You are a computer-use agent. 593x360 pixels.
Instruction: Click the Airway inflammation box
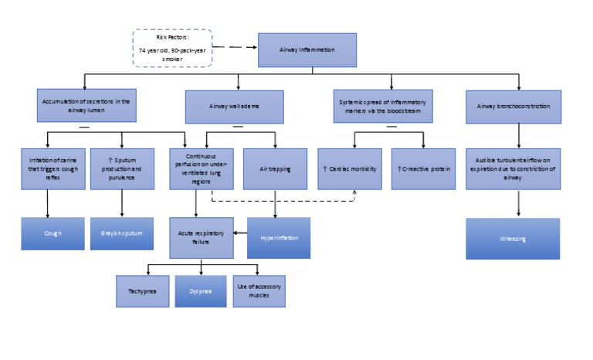click(x=307, y=49)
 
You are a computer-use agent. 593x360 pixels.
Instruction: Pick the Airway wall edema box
click(x=234, y=107)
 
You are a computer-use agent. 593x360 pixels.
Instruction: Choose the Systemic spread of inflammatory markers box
click(x=383, y=107)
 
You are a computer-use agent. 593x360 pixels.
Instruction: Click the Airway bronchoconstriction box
click(x=513, y=107)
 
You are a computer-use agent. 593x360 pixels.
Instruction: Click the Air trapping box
click(x=274, y=168)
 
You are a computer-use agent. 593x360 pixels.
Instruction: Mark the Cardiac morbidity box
click(x=349, y=168)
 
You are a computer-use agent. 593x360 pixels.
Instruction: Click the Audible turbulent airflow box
click(x=513, y=168)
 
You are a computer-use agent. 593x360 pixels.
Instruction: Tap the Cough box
click(x=53, y=233)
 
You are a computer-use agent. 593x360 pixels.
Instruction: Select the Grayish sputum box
click(x=121, y=233)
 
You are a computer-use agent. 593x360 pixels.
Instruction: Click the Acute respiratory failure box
click(x=201, y=237)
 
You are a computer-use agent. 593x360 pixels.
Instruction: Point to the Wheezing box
click(x=513, y=239)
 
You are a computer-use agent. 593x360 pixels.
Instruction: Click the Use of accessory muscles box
click(x=259, y=291)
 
